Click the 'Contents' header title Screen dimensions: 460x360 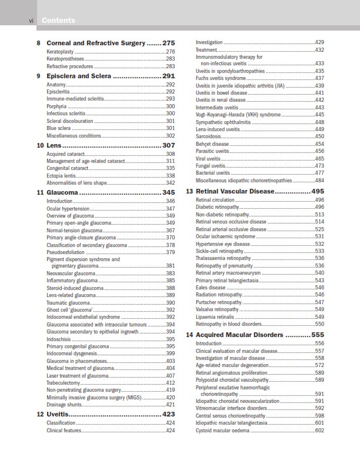pyautogui.click(x=58, y=21)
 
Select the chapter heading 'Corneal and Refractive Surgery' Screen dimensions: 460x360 pyautogui.click(x=95, y=43)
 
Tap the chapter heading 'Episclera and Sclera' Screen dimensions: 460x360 pyautogui.click(x=79, y=76)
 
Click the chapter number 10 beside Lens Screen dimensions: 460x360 pyautogui.click(x=40, y=145)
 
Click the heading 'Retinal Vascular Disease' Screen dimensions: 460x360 pyautogui.click(x=235, y=191)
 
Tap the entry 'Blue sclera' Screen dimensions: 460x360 pyautogui.click(x=58, y=128)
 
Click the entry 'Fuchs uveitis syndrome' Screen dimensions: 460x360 pyautogui.click(x=221, y=78)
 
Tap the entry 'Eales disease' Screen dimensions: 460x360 pyautogui.click(x=210, y=288)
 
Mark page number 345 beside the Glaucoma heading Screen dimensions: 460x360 pyautogui.click(x=168, y=192)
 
